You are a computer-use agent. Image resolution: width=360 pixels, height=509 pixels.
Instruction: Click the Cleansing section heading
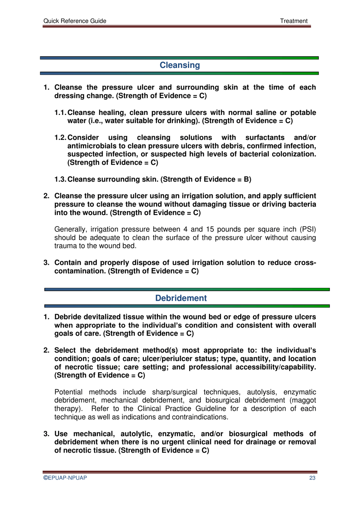tap(180, 65)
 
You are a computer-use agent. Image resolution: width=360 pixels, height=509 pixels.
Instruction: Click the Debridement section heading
tap(181, 298)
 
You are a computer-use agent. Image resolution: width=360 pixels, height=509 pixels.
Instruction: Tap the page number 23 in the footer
tap(312, 478)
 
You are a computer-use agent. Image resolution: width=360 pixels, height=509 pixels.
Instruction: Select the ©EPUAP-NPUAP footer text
tap(65, 478)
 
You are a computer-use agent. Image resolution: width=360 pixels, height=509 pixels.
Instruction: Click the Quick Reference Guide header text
tap(75, 21)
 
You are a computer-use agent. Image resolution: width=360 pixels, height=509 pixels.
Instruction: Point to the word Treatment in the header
tap(294, 21)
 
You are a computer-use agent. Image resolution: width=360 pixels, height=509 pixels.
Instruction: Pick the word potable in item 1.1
tap(303, 113)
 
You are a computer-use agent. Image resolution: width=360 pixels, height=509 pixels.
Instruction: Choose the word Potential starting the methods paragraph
tap(68, 392)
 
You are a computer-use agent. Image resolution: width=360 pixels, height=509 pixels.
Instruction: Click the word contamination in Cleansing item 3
tap(80, 271)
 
